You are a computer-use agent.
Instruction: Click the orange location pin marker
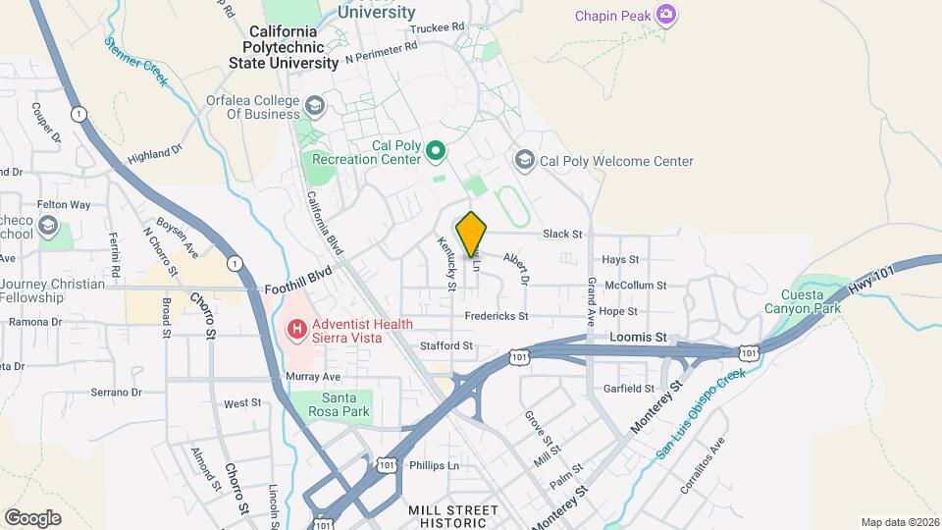point(472,234)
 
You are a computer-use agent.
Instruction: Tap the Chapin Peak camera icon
point(667,14)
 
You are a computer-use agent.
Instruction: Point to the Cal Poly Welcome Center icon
point(524,161)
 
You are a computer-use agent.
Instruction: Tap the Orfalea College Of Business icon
point(314,106)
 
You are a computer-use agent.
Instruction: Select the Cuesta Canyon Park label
point(811,301)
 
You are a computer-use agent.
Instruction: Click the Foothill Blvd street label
point(298,290)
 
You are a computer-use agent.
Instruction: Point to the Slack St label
point(562,235)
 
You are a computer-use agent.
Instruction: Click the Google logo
point(32,517)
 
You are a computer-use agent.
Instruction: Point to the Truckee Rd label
point(437,28)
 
